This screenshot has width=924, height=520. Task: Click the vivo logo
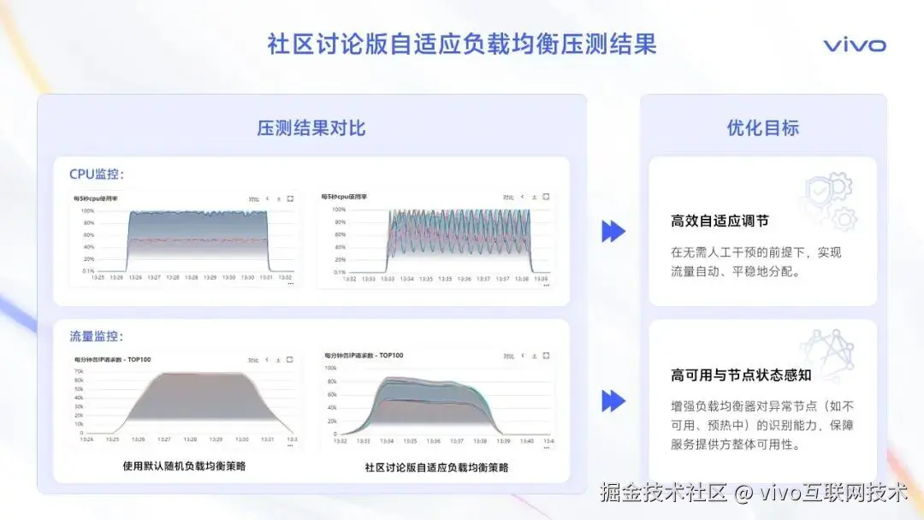pos(854,45)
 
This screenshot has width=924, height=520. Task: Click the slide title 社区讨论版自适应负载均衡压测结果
pos(462,44)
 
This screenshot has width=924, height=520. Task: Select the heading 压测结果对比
pos(311,128)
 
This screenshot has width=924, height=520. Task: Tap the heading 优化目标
pos(762,128)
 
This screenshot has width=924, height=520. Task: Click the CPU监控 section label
pos(97,174)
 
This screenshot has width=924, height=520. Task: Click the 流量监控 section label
pos(97,337)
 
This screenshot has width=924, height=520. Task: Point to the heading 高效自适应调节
pos(720,221)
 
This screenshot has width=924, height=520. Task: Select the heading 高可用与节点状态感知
pos(741,375)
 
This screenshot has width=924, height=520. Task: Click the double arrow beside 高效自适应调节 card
pos(613,231)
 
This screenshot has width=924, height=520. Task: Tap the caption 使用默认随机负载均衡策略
pos(184,466)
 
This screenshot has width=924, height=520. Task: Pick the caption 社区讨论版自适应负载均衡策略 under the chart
pos(436,468)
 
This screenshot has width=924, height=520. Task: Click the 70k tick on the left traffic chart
pos(79,372)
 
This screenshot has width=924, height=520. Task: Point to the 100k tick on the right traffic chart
pos(329,368)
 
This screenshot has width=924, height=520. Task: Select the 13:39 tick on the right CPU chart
pos(540,279)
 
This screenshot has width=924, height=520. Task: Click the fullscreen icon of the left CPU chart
pos(290,198)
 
